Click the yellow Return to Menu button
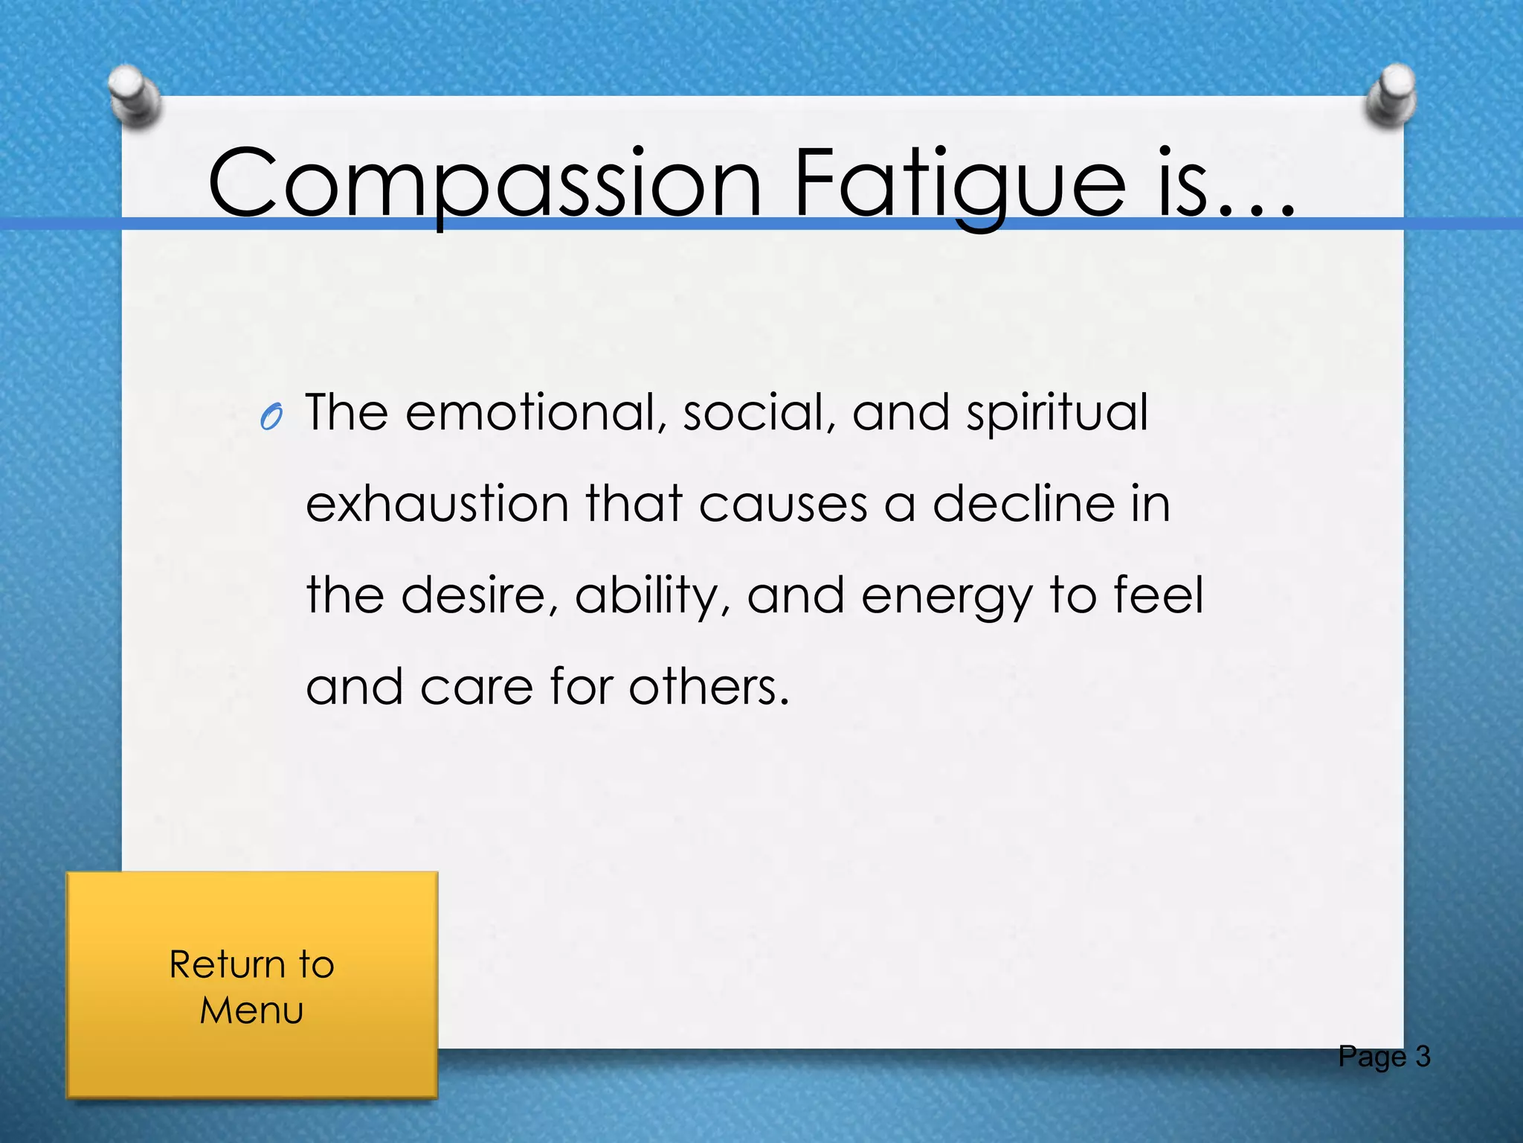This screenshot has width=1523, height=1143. pos(252,985)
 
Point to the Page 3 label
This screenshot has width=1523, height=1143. pos(1384,1057)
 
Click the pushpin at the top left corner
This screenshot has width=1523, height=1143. pos(135,96)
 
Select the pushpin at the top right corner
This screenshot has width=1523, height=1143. pos(1391,95)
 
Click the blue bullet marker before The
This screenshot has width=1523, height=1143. pos(271,418)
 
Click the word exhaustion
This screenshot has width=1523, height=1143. pos(437,505)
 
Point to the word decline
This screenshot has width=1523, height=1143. pos(1024,505)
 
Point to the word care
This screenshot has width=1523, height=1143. pos(477,688)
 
